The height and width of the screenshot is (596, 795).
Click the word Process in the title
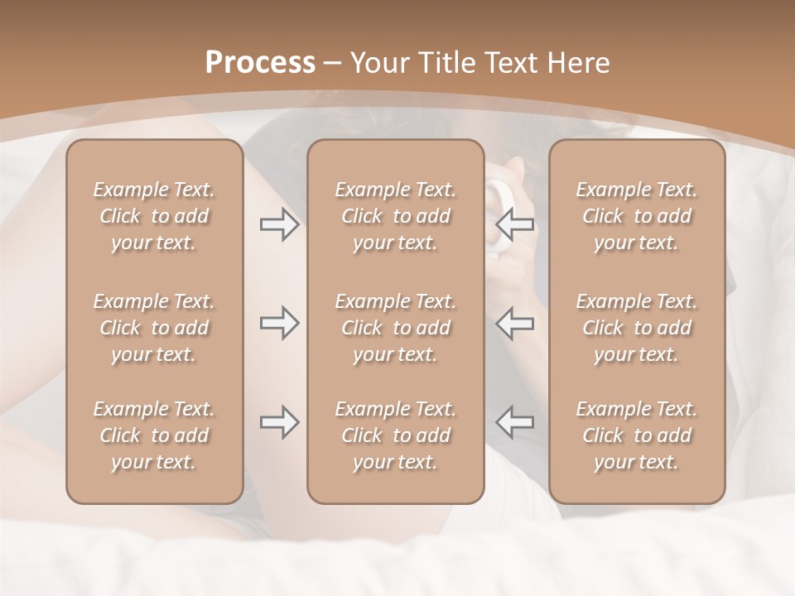[260, 63]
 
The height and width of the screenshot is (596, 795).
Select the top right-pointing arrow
[279, 224]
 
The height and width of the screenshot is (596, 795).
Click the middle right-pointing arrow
[279, 323]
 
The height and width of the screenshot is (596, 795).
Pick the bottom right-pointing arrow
[279, 422]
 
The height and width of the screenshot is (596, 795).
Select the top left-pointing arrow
[515, 224]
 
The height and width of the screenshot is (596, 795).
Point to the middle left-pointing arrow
[515, 323]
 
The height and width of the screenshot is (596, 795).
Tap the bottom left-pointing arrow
[515, 422]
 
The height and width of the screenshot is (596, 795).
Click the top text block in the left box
[154, 216]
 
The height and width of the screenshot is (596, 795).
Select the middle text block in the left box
[154, 328]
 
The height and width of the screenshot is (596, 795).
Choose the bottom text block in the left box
[154, 435]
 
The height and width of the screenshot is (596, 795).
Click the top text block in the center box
[396, 216]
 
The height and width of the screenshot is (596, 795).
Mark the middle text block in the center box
[396, 328]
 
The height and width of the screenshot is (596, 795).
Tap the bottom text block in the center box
[396, 435]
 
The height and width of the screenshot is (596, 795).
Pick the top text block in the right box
[637, 216]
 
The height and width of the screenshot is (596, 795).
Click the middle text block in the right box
[637, 328]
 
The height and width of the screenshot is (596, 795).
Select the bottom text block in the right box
[637, 435]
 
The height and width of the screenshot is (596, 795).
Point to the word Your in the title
[378, 63]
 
